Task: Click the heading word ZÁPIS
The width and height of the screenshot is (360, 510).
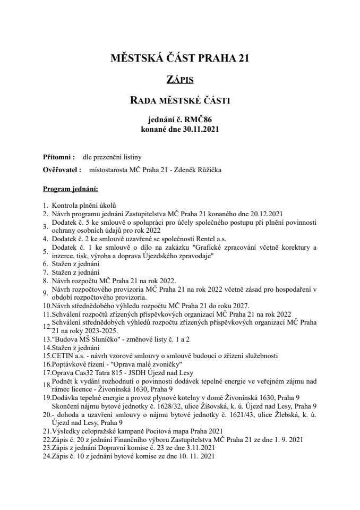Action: pyautogui.click(x=179, y=80)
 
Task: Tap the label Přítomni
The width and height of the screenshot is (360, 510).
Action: pyautogui.click(x=58, y=157)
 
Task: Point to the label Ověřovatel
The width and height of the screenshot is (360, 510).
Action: pyautogui.click(x=62, y=170)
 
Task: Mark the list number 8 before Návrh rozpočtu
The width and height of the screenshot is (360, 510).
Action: pyautogui.click(x=45, y=280)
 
